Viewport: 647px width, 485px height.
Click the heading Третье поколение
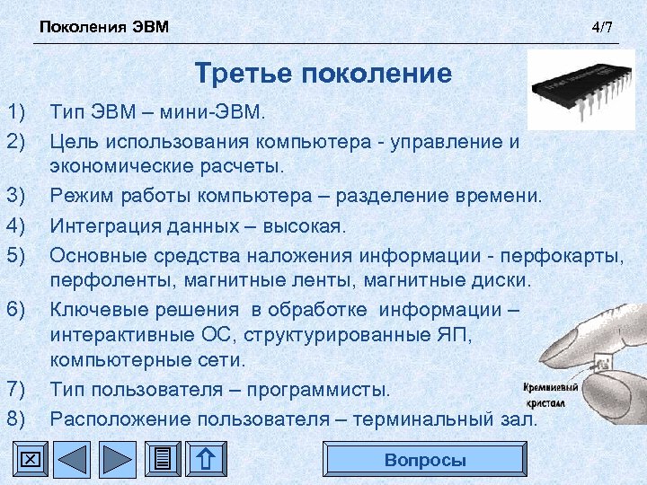click(323, 73)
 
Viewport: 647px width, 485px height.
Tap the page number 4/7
click(602, 27)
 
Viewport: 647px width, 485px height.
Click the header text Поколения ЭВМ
click(103, 26)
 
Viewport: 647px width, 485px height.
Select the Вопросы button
click(425, 460)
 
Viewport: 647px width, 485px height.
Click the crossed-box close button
click(30, 460)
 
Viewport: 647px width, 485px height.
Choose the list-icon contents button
click(163, 460)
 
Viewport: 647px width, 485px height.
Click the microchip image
click(582, 90)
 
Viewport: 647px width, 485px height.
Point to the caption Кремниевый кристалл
click(550, 395)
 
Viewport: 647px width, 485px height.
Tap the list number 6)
click(15, 310)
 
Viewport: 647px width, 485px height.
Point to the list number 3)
click(15, 197)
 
